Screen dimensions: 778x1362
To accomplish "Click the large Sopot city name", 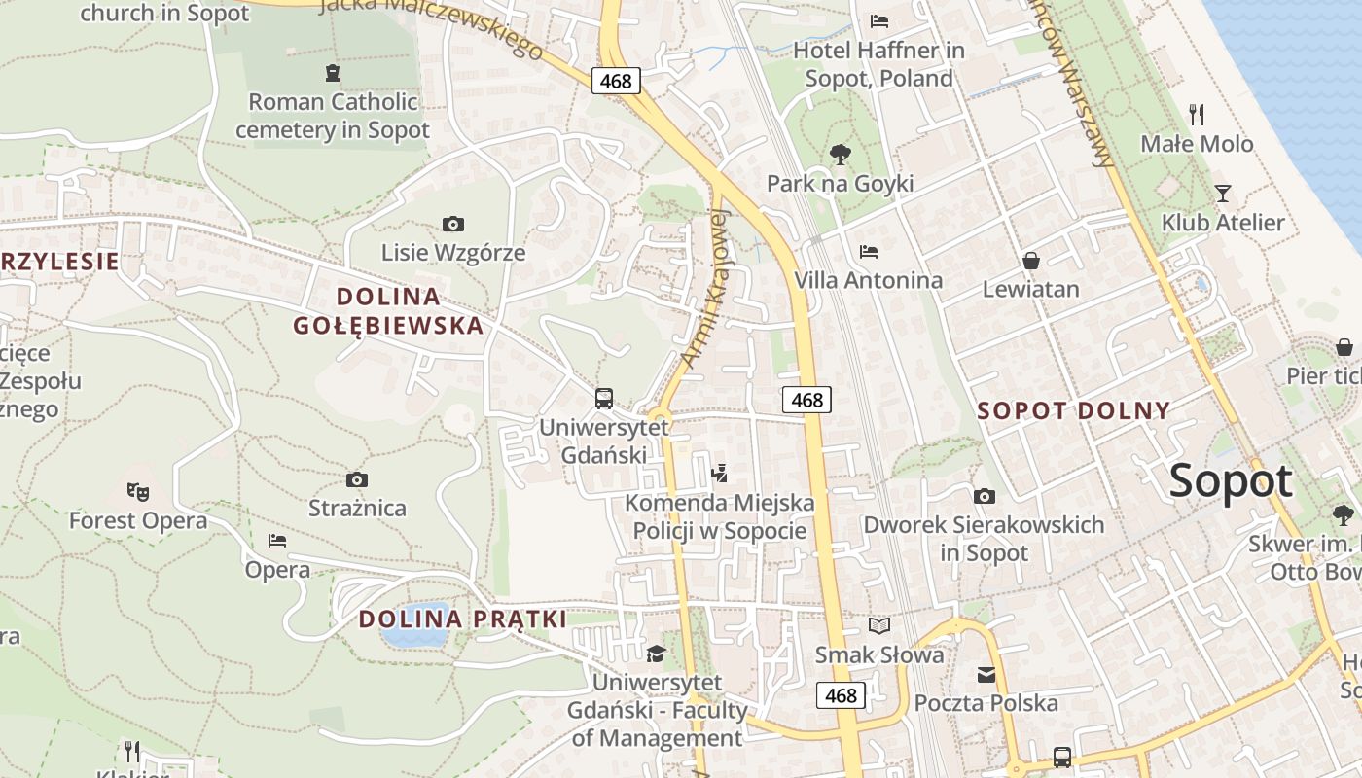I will pyautogui.click(x=1231, y=481).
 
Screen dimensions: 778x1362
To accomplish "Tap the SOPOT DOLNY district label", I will pyautogui.click(x=1073, y=410).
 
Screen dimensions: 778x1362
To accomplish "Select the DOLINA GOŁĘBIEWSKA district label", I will pyautogui.click(x=388, y=311).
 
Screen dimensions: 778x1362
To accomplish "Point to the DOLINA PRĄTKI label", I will pyautogui.click(x=462, y=619).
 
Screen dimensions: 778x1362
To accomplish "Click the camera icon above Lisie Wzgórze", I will pyautogui.click(x=452, y=225).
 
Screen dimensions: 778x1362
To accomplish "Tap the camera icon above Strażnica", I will pyautogui.click(x=357, y=479).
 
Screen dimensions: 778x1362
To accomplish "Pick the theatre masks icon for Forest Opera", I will pyautogui.click(x=137, y=492).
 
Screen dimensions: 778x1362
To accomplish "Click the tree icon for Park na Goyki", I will pyautogui.click(x=840, y=154).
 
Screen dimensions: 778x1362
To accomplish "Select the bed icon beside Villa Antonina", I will pyautogui.click(x=869, y=252).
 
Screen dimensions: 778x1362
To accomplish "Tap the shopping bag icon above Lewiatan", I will pyautogui.click(x=1030, y=261).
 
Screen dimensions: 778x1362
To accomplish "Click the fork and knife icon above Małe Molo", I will pyautogui.click(x=1197, y=115).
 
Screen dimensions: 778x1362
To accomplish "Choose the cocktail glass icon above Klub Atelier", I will pyautogui.click(x=1223, y=194).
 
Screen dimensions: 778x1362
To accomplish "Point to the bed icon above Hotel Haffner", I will pyautogui.click(x=879, y=20).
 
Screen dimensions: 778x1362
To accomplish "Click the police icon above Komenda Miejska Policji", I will pyautogui.click(x=720, y=474).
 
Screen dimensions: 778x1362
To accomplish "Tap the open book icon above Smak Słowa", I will pyautogui.click(x=879, y=625).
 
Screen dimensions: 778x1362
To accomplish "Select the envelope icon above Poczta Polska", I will pyautogui.click(x=986, y=674).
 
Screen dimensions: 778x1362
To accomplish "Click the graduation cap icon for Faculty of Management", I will pyautogui.click(x=657, y=654).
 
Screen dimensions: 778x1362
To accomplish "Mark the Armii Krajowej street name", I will pyautogui.click(x=705, y=287).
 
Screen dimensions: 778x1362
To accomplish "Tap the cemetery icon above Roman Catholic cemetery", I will pyautogui.click(x=333, y=72).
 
